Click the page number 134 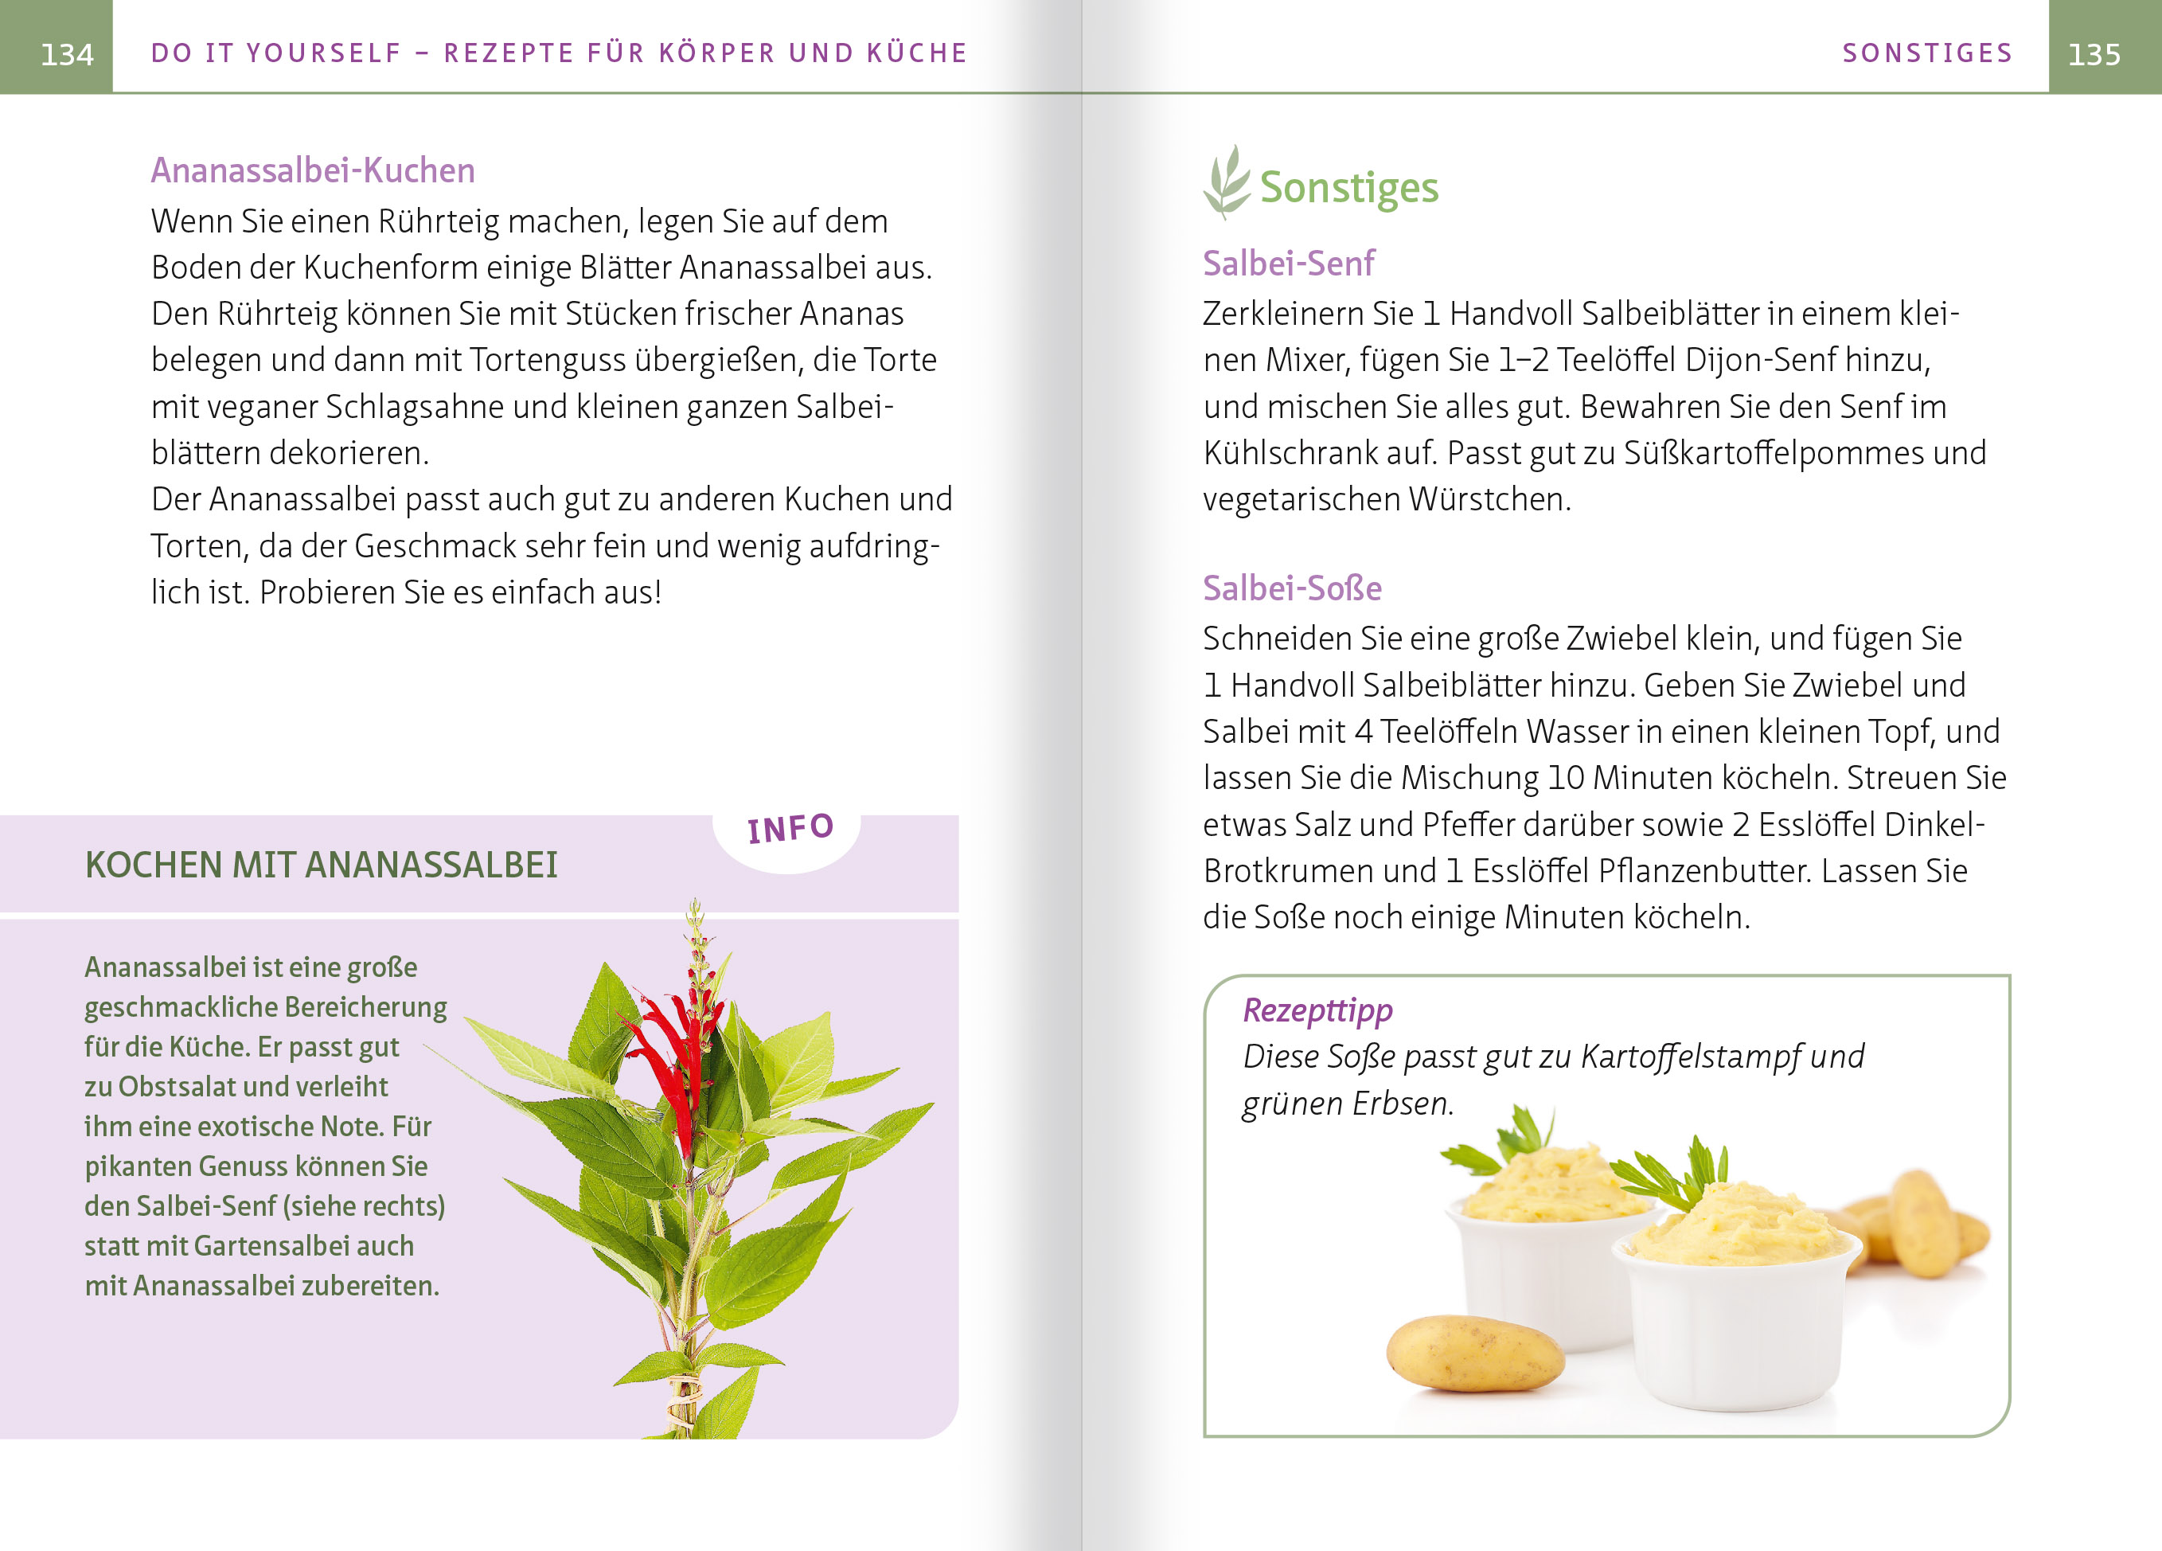click(x=67, y=54)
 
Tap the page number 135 click(x=2094, y=54)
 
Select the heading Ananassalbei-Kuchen click(x=313, y=170)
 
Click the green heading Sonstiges click(x=1349, y=188)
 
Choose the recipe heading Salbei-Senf click(x=1288, y=263)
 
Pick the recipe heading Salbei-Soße click(x=1292, y=588)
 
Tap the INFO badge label click(x=790, y=828)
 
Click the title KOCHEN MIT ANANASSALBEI click(x=322, y=865)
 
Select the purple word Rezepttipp click(x=1317, y=1010)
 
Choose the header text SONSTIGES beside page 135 click(x=1927, y=53)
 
